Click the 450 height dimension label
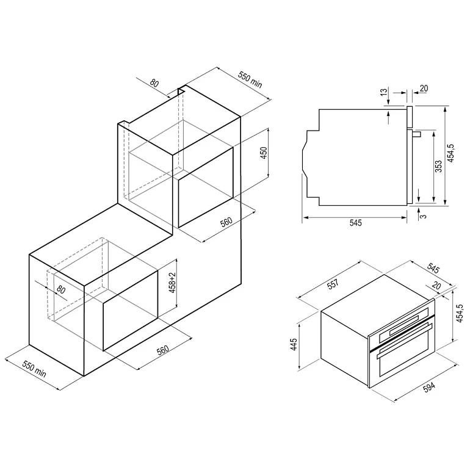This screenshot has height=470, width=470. pyautogui.click(x=264, y=153)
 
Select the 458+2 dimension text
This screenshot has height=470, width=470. pyautogui.click(x=172, y=283)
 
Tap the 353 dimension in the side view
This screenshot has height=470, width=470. pyautogui.click(x=438, y=167)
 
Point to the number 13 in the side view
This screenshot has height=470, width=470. pyautogui.click(x=384, y=92)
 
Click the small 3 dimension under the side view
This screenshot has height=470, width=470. pyautogui.click(x=424, y=216)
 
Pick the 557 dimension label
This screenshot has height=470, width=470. pyautogui.click(x=333, y=284)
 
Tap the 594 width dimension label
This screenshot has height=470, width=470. pyautogui.click(x=429, y=387)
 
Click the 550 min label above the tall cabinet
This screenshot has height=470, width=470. pyautogui.click(x=250, y=80)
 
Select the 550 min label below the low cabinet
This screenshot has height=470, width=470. pyautogui.click(x=34, y=369)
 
